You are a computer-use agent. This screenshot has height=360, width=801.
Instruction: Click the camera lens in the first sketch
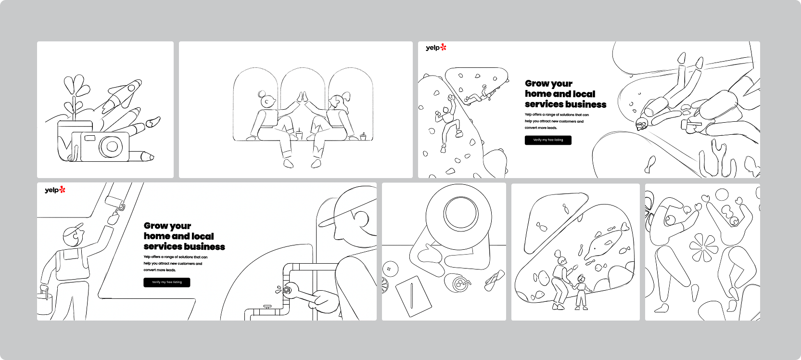pos(112,146)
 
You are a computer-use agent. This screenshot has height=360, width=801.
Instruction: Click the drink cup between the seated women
pos(299,135)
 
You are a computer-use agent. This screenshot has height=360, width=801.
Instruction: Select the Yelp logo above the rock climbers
pos(436,48)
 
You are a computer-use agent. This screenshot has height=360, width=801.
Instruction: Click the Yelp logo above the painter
pos(55,190)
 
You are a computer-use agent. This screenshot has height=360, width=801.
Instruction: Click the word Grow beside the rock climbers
pos(537,83)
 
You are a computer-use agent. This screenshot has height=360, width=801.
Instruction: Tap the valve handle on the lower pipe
pos(267,307)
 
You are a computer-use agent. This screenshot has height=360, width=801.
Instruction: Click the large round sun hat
pos(459,217)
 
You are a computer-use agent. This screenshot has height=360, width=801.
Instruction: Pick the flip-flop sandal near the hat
pos(495,280)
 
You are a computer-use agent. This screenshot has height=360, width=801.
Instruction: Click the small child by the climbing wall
pos(580,292)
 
